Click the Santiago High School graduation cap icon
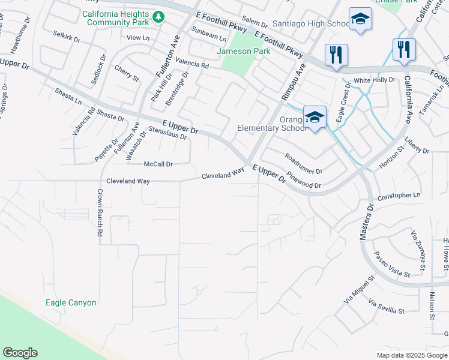coord(360,20)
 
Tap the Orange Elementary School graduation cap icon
coord(315,117)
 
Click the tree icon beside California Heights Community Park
coord(158,17)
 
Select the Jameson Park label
coord(243,51)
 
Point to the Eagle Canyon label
coord(71,302)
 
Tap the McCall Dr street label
coord(158,164)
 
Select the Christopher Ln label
coord(399,196)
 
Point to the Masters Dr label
coord(367,221)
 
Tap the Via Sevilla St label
coord(387,307)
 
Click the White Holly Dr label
coord(375,80)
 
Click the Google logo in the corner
coord(20,353)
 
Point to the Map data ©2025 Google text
coord(411,355)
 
